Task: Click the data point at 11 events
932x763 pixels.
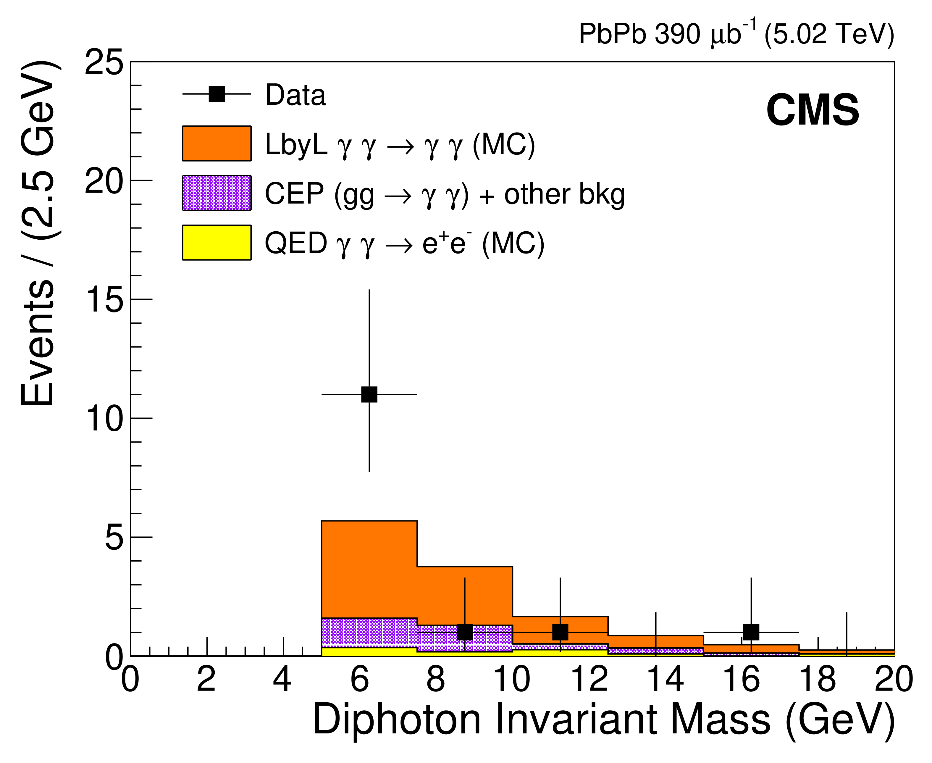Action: click(x=369, y=394)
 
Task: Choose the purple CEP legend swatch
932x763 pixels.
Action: click(x=217, y=193)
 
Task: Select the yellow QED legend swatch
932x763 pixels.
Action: click(x=217, y=243)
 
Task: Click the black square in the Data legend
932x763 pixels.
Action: click(x=217, y=94)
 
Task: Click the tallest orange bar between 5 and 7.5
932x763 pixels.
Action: click(x=369, y=569)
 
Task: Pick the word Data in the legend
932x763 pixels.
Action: click(x=295, y=95)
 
